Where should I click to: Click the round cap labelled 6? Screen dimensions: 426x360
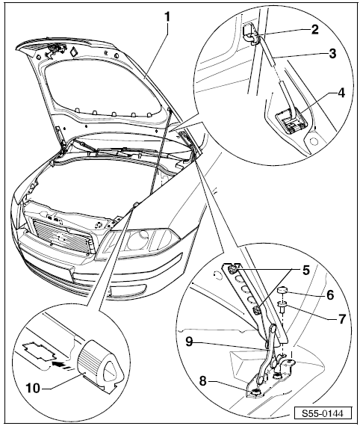pyautogui.click(x=283, y=291)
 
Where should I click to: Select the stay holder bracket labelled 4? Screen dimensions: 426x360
pyautogui.click(x=288, y=120)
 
